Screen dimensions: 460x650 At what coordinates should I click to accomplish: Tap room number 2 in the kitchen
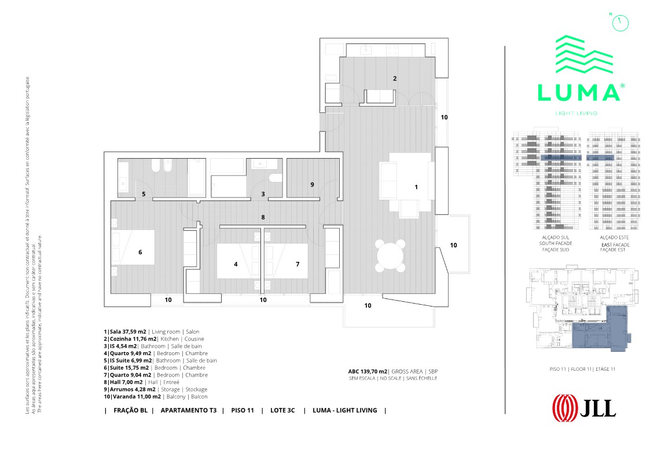tap(395, 78)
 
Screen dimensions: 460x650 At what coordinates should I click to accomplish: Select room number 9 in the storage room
tap(312, 185)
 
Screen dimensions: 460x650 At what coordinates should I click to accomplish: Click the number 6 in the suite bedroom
tap(140, 252)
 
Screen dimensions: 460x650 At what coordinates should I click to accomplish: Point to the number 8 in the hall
tap(263, 217)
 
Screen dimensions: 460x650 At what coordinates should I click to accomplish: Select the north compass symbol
tap(619, 21)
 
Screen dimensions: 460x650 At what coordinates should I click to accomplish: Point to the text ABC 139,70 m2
tap(367, 371)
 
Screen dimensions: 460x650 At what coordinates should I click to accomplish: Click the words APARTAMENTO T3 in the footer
tap(188, 410)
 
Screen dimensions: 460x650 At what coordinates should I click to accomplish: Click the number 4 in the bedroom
tap(236, 264)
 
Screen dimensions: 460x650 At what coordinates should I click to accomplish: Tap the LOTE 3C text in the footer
tap(282, 410)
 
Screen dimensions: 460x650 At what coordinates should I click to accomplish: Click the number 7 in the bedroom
tap(298, 264)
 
